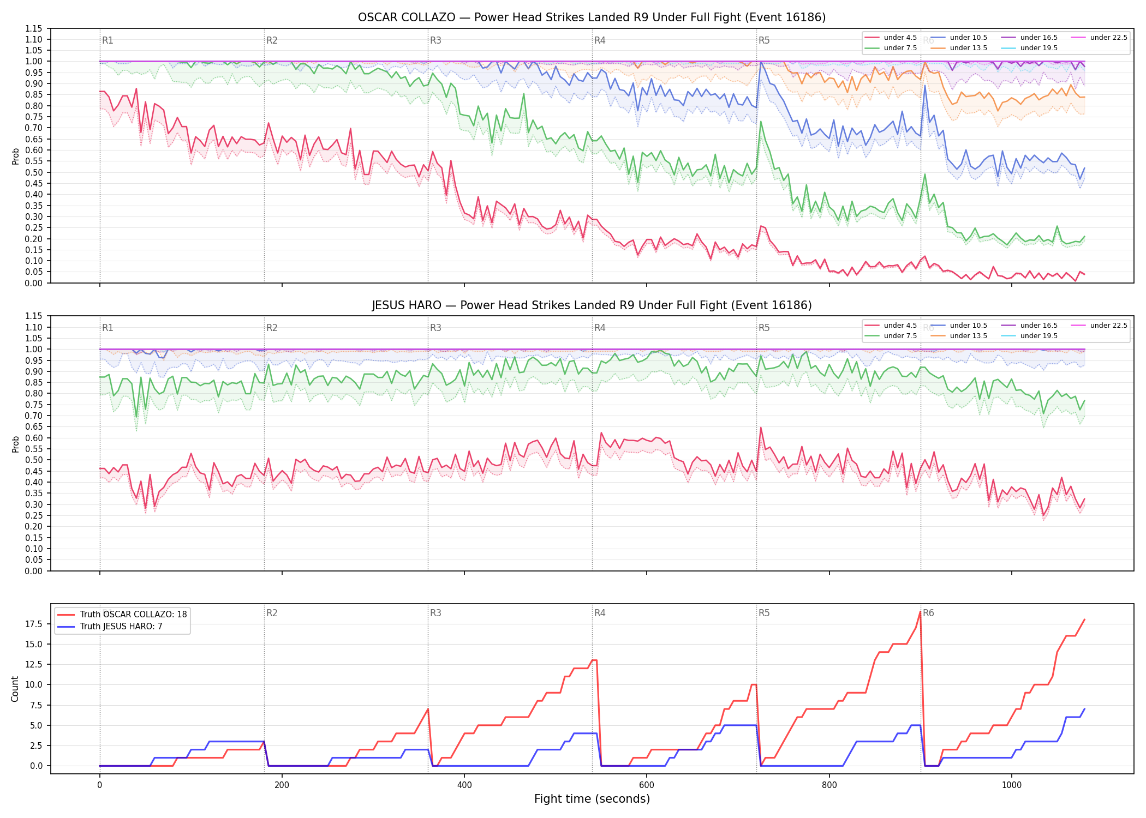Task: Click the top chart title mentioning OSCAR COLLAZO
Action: coord(592,17)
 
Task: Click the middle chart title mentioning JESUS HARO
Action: coord(592,305)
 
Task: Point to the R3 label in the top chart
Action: coord(435,40)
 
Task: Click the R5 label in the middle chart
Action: coord(764,328)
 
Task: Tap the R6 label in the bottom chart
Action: coord(928,613)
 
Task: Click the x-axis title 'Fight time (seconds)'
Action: coord(592,799)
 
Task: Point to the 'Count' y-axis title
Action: coord(15,689)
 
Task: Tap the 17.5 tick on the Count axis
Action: coord(34,624)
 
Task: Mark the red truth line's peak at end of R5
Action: coord(920,611)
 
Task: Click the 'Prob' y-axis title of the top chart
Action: coord(15,157)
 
